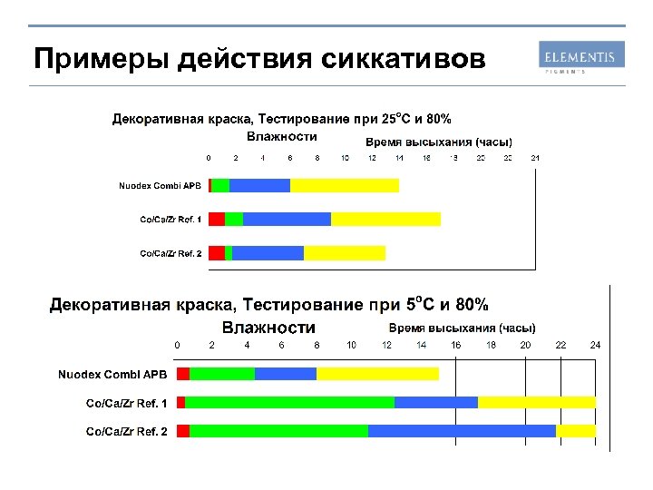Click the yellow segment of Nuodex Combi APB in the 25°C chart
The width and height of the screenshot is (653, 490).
point(345,185)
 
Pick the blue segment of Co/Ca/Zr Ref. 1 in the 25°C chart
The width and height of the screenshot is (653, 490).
point(287,219)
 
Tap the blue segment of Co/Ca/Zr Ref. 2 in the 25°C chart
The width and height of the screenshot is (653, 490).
point(268,252)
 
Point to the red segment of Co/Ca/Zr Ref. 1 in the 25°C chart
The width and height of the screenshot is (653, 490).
point(216,219)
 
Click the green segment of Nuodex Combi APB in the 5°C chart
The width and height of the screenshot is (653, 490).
point(222,374)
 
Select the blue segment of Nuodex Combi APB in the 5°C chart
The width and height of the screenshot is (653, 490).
point(286,374)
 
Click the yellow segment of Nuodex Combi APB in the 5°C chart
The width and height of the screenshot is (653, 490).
point(377,374)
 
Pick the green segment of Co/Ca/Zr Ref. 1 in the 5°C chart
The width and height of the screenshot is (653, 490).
point(290,402)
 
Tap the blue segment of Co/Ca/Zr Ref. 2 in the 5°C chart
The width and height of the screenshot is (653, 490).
point(462,431)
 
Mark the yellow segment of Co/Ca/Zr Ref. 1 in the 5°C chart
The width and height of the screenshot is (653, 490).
point(537,402)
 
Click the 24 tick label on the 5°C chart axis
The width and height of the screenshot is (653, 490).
point(596,345)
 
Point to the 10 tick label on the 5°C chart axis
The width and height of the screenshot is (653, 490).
point(352,345)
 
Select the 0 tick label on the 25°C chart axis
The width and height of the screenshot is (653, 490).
point(208,158)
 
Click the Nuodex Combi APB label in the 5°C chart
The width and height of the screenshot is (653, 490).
point(112,374)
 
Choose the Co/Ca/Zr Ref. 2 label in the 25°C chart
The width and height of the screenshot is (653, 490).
point(171,252)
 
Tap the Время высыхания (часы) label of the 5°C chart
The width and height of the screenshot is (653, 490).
point(463,328)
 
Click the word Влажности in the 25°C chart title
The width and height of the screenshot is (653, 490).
point(282,136)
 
